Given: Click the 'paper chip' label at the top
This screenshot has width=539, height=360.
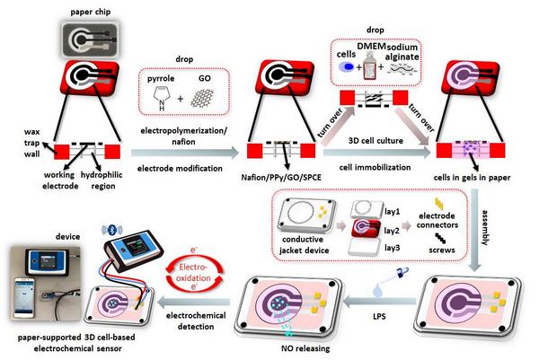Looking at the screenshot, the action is (91, 13).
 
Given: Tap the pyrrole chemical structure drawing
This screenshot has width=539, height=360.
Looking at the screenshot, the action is (162, 98).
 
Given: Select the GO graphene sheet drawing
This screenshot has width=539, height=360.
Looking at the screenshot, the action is (202, 98).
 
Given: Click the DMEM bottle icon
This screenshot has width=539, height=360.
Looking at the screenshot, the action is (369, 66).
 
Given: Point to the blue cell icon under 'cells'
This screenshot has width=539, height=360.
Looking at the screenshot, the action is (347, 66).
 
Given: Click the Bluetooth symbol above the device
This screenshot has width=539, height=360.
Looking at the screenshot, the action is (111, 230).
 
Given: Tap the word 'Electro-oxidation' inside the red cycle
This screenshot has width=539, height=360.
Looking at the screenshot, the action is (193, 272).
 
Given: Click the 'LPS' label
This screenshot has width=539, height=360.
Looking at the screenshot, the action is (379, 316).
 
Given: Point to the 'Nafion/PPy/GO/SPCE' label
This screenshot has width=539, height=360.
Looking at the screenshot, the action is (281, 177).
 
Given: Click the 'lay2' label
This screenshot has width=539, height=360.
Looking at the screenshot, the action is (392, 230).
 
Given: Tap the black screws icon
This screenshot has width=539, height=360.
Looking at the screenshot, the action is (440, 238).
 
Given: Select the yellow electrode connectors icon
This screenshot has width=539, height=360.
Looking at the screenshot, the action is (439, 204).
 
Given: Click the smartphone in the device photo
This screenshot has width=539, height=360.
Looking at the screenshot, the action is (23, 297).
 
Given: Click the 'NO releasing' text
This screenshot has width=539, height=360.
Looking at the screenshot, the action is (305, 348).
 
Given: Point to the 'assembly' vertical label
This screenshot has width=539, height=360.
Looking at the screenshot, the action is (485, 227).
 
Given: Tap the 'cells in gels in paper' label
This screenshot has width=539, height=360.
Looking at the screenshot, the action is (472, 177).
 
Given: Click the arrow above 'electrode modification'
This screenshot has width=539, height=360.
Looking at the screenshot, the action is (185, 153).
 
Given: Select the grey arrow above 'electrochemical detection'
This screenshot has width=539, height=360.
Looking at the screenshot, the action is (193, 302).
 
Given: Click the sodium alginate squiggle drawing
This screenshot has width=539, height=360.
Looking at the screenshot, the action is (402, 69).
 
